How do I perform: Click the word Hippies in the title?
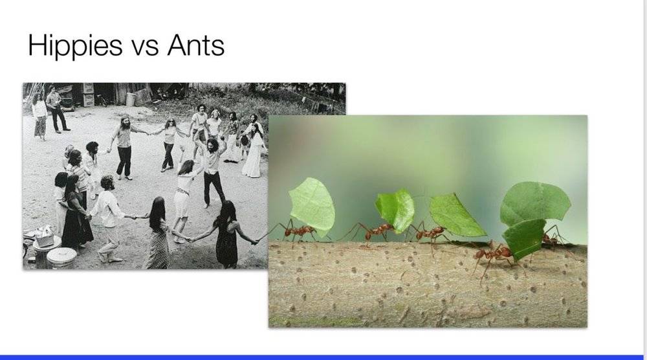point(75,45)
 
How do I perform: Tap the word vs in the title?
point(145,47)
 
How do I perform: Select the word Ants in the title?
point(195,45)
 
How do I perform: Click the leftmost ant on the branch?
point(298,232)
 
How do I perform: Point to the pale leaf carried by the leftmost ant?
point(313,207)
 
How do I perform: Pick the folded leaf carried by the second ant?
point(396,210)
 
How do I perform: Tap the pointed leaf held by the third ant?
point(455,216)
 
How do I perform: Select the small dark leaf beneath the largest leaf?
point(524,239)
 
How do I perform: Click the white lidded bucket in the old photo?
point(61,257)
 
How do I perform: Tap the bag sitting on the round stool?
point(45,236)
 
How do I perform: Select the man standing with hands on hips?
point(56,109)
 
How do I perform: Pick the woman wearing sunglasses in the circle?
point(168,144)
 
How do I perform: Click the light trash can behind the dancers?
point(131,100)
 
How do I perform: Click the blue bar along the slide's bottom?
point(322,357)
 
